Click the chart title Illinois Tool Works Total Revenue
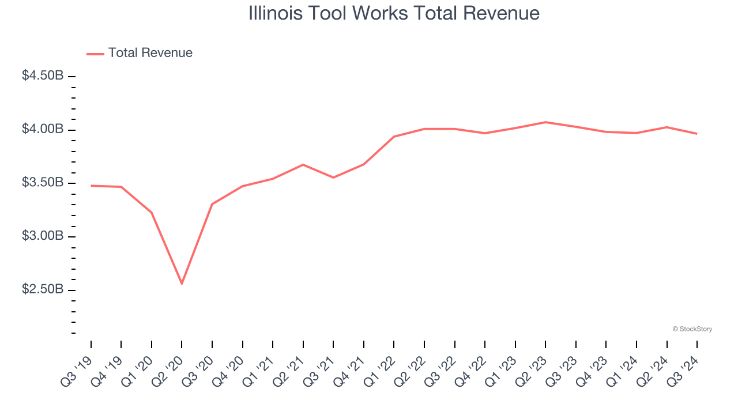(x=394, y=13)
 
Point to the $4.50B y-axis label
(x=43, y=76)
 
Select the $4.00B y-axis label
(x=43, y=130)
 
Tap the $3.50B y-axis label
(x=43, y=183)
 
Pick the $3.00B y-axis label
(x=43, y=236)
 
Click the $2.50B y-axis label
(x=43, y=289)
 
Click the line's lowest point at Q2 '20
(x=182, y=284)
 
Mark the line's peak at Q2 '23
(x=545, y=122)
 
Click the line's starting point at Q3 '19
(x=91, y=186)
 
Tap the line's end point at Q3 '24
(x=696, y=134)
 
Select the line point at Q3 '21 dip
(x=333, y=178)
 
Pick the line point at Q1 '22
(x=394, y=137)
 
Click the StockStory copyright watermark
(x=692, y=329)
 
